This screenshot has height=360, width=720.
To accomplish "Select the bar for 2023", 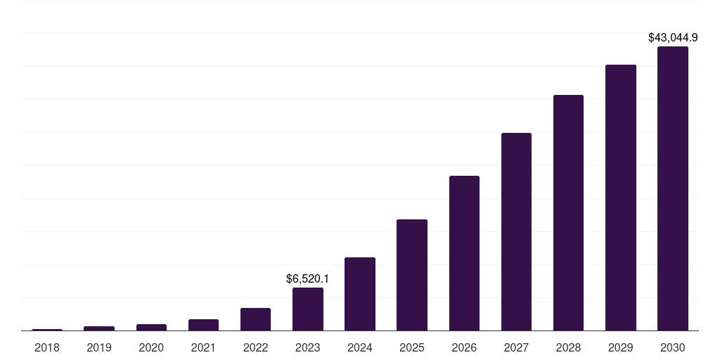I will (308, 309).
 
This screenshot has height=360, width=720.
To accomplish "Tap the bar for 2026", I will (464, 253).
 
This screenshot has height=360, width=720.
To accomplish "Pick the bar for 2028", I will (568, 212).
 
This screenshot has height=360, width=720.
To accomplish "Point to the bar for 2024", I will (360, 294).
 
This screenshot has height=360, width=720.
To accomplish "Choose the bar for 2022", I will (255, 319).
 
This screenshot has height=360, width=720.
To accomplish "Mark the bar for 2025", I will (412, 275).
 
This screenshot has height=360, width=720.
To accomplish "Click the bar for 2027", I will (516, 231).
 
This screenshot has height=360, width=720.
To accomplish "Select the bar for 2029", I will (620, 198).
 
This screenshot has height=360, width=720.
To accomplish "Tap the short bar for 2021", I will (203, 325).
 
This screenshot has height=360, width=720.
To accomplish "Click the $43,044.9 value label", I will (672, 37).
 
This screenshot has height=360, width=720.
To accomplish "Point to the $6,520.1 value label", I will (308, 278).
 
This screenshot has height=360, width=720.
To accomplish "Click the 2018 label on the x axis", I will (47, 347).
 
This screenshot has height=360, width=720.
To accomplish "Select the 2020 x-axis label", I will (151, 347).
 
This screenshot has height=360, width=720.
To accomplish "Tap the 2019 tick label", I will (99, 347).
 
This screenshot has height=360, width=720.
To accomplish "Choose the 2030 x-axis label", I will (672, 347).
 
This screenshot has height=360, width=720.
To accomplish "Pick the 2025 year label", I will (412, 347).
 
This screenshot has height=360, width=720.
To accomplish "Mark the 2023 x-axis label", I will (308, 347).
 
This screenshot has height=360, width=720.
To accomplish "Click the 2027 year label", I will (516, 347).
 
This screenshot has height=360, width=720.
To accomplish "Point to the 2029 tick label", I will (620, 347).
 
